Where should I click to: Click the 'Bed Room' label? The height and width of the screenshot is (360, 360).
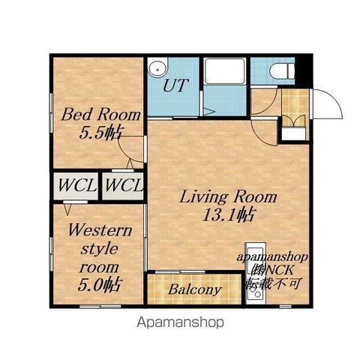click(101, 115)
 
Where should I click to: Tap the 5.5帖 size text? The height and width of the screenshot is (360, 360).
click(100, 133)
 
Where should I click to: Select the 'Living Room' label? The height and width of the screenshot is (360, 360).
click(228, 197)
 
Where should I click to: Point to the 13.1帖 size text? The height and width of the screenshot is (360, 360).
click(228, 214)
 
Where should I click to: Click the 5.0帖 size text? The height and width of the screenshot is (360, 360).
click(100, 285)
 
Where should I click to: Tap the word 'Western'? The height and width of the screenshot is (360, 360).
click(100, 230)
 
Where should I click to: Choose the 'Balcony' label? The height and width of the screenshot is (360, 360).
click(195, 289)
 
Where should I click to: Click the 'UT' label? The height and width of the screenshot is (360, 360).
click(175, 85)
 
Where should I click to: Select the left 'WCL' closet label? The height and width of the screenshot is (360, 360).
click(77, 185)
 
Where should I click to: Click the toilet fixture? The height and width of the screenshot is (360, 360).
click(282, 70)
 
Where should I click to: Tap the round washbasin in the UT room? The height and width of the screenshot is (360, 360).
click(157, 67)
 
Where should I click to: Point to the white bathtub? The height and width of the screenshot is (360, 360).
click(224, 71)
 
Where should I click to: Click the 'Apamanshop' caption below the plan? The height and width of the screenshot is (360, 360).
click(180, 322)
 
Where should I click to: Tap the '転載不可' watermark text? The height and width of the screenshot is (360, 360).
click(273, 283)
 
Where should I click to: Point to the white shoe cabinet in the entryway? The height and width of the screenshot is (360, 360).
click(294, 134)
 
